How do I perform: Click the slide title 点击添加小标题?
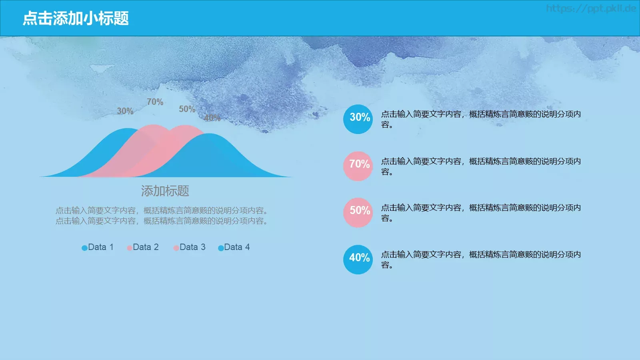tap(76, 18)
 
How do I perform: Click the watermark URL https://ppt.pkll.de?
tap(591, 8)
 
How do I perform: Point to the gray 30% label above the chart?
tap(125, 111)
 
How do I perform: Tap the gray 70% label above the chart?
tap(155, 102)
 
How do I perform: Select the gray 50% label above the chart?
tap(187, 109)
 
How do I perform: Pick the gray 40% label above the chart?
tap(212, 118)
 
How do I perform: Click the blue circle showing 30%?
tap(358, 119)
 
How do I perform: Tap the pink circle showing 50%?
tap(358, 212)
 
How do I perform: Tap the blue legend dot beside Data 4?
tap(221, 248)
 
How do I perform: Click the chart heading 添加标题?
tap(165, 191)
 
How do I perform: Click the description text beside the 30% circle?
tap(480, 119)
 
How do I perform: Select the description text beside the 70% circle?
tap(480, 166)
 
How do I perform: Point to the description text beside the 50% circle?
tap(480, 213)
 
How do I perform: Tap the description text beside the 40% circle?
tap(480, 260)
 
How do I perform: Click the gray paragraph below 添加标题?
tap(162, 216)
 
